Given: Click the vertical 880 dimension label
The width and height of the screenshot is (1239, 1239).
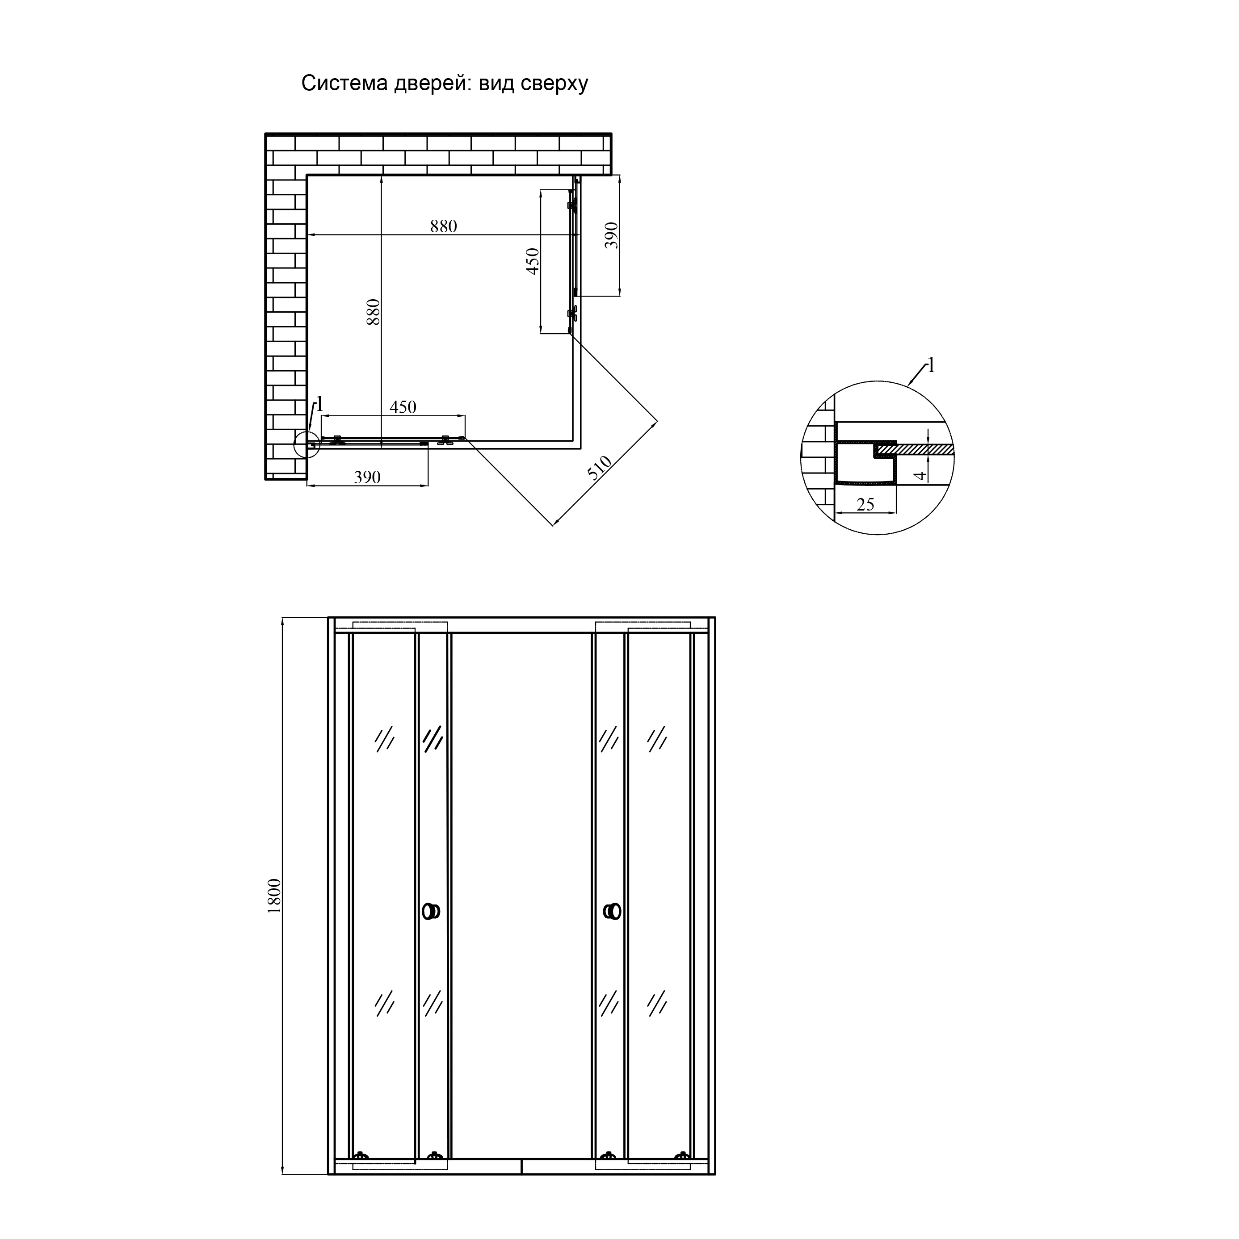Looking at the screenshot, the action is tap(373, 312).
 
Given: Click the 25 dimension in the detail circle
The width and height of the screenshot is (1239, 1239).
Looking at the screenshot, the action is tap(865, 505).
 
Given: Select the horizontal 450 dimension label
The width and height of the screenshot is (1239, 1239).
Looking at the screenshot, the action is tap(403, 407).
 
